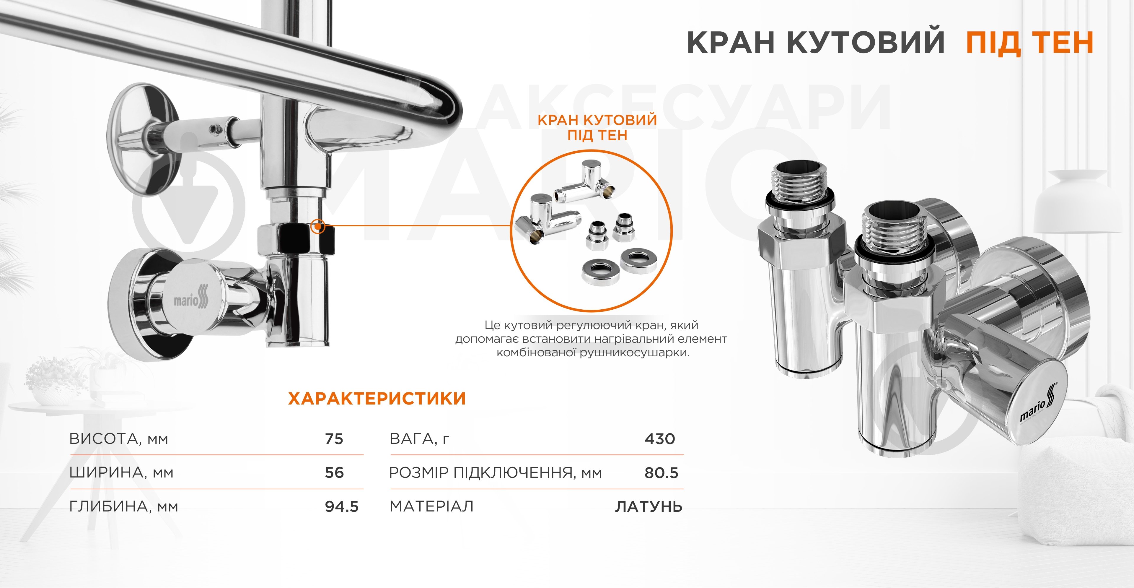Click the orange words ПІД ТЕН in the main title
1029,43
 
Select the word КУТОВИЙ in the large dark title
865,43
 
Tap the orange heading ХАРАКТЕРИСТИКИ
377,399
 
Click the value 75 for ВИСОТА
334,439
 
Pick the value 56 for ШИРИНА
334,472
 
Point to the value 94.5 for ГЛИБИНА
342,506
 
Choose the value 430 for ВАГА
659,439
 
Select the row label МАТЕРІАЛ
431,506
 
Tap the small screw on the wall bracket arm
215,129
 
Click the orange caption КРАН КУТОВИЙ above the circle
597,120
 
